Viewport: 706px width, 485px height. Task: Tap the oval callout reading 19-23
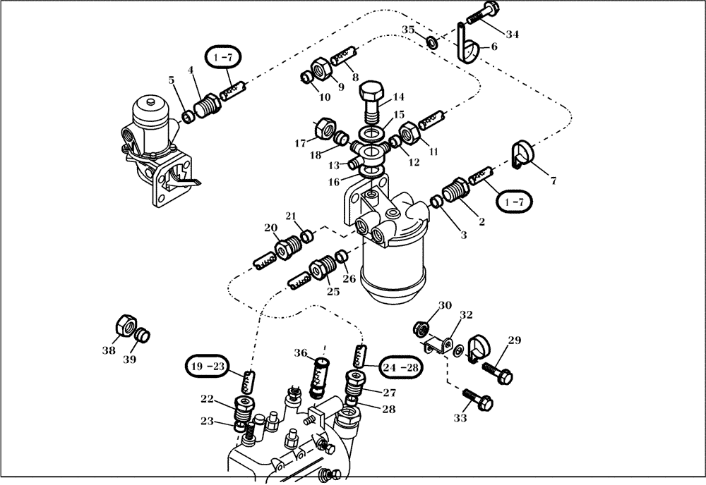coord(208,366)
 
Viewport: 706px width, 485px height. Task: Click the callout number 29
coord(514,341)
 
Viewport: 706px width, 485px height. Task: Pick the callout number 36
coord(300,354)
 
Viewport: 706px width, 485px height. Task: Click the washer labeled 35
coord(431,43)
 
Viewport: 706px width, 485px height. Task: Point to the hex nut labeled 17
coord(325,128)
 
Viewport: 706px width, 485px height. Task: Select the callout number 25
coord(332,291)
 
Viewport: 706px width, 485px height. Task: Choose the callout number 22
coord(207,400)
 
